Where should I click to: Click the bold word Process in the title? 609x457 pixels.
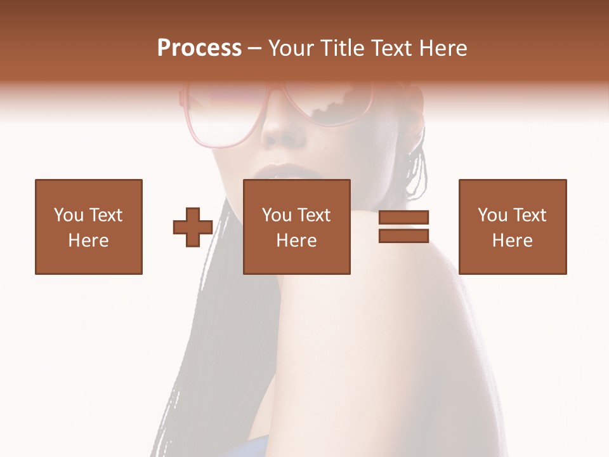pos(199,48)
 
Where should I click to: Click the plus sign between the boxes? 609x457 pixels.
pos(193,227)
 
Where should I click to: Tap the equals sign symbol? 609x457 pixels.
pos(403,227)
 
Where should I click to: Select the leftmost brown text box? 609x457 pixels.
pos(89,227)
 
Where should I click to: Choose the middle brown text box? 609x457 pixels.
pos(297,227)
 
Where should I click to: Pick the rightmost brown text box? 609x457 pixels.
pos(513,227)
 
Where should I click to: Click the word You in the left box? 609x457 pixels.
pos(68,215)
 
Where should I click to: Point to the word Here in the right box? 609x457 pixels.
pos(513,241)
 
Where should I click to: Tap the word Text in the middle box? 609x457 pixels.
pos(314,215)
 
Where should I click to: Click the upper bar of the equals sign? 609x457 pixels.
pos(403,218)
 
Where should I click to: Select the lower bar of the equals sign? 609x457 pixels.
pos(403,235)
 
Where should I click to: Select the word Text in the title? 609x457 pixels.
pos(390,48)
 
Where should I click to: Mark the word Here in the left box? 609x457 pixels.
pos(88,241)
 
